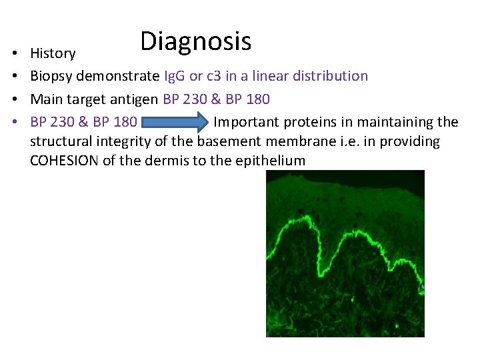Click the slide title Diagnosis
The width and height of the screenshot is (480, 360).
pyautogui.click(x=195, y=41)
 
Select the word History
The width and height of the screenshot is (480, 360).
pyautogui.click(x=53, y=53)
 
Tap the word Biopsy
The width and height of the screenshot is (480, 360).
pyautogui.click(x=51, y=77)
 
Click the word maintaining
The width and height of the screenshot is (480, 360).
pyautogui.click(x=394, y=123)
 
